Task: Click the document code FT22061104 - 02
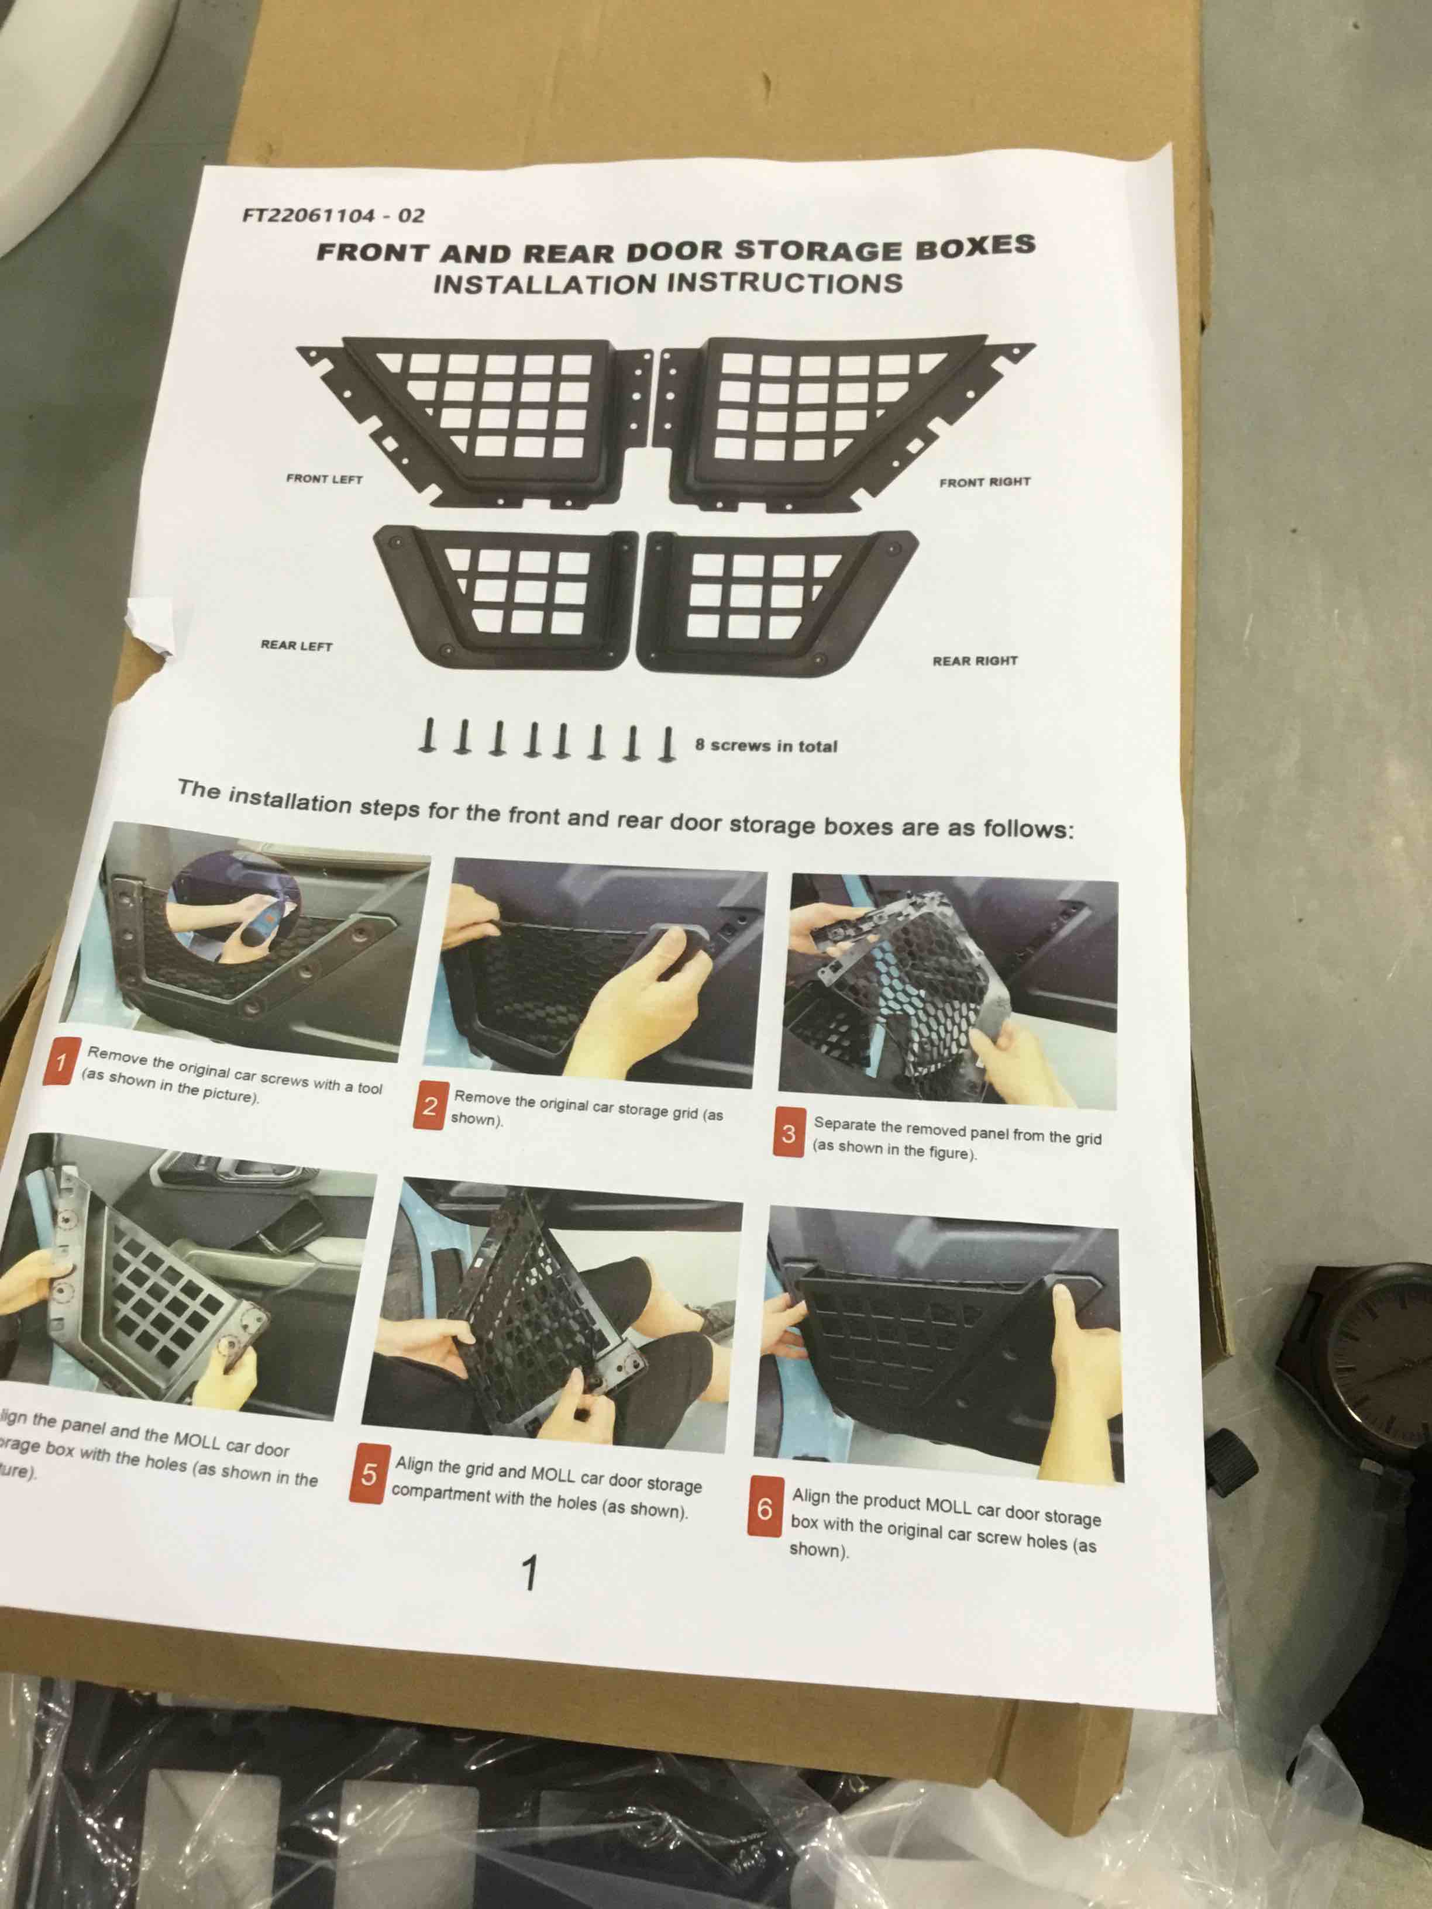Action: [x=333, y=215]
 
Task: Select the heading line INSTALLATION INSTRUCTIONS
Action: [x=667, y=283]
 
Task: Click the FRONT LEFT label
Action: [x=325, y=479]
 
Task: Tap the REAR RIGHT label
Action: [x=975, y=660]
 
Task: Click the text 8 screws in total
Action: [x=766, y=746]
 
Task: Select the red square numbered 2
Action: [x=430, y=1105]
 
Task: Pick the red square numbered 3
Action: [x=788, y=1133]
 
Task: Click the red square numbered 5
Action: [x=369, y=1474]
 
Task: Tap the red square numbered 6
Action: [x=765, y=1508]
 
